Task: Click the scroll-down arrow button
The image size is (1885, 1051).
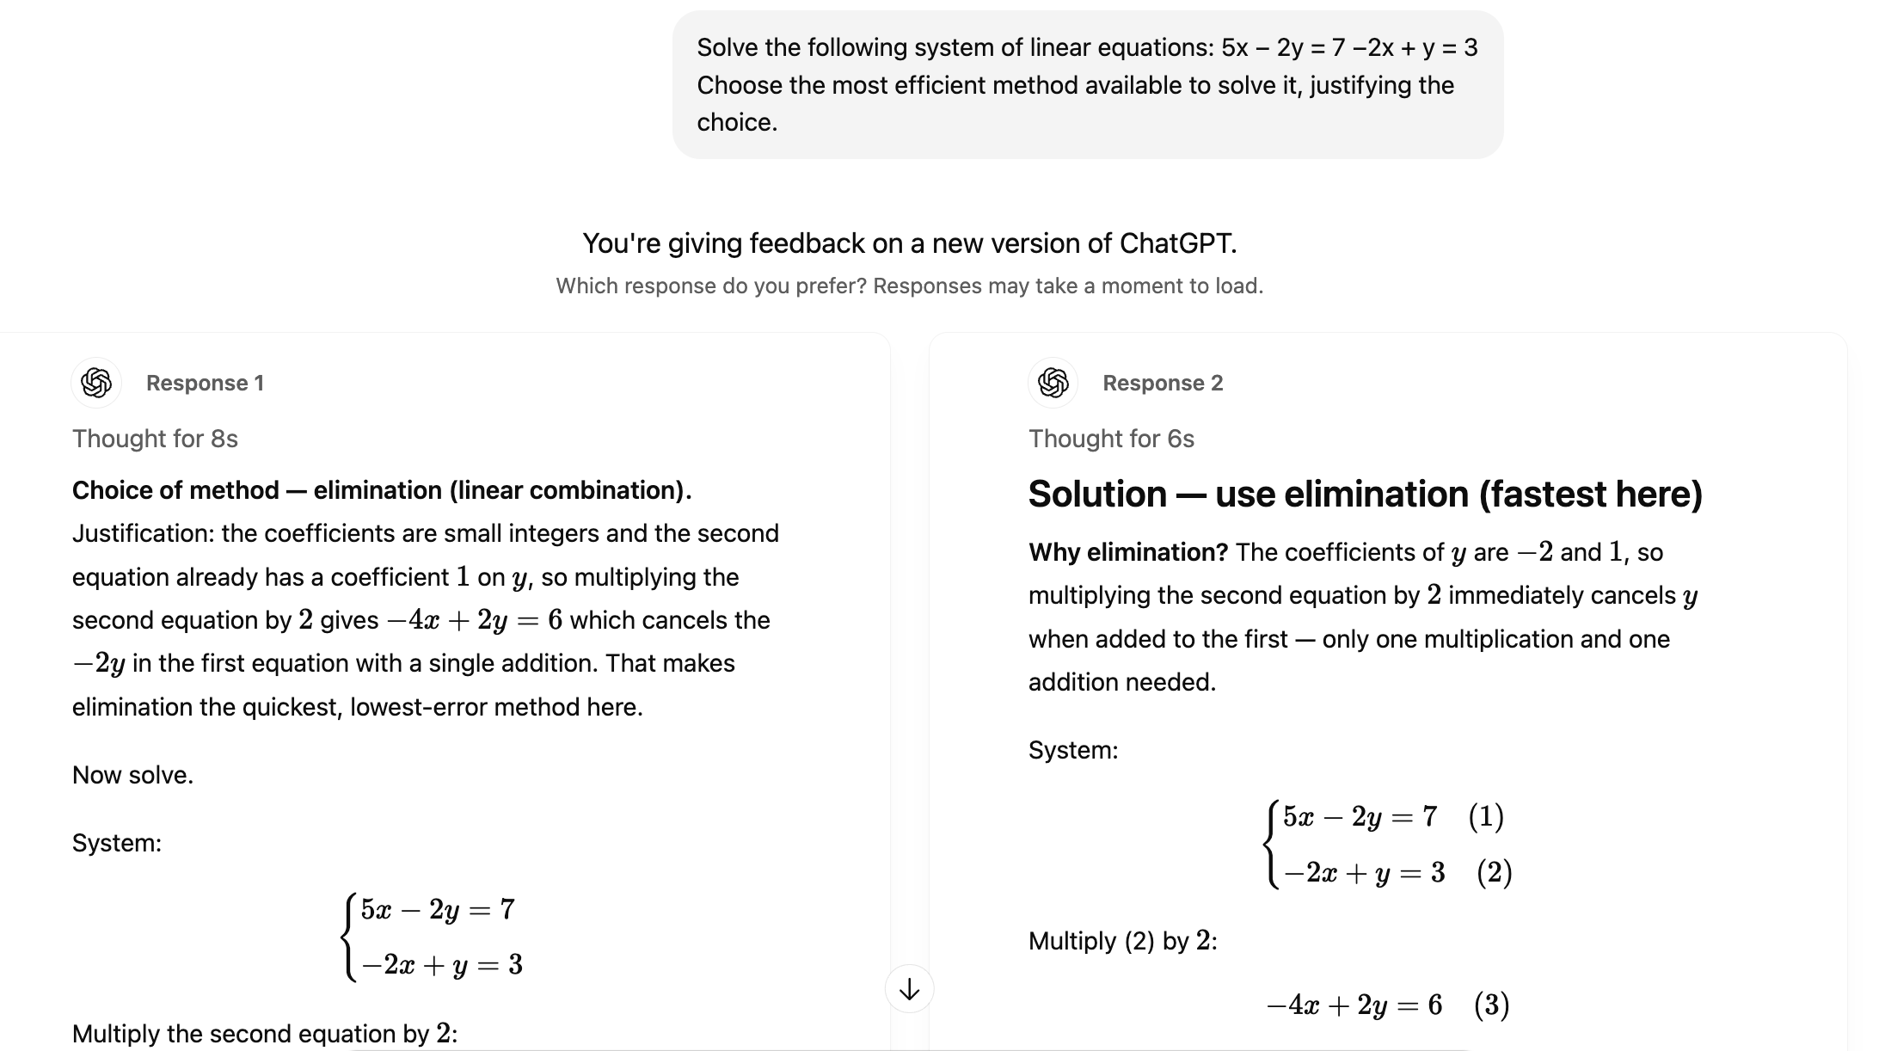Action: coord(909,990)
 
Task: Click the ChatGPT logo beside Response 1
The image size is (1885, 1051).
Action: coord(96,383)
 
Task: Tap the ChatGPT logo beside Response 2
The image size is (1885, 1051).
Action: coord(1053,383)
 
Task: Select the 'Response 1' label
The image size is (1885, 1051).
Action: coord(205,384)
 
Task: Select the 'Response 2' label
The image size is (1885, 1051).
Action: coord(1162,384)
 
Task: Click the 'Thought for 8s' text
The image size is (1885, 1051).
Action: coord(155,439)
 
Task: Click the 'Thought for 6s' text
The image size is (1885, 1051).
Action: coord(1111,439)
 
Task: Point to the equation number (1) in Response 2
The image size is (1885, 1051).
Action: coord(1485,816)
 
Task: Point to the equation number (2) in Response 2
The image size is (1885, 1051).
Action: coord(1494,872)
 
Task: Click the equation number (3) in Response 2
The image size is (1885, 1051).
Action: coord(1491,1005)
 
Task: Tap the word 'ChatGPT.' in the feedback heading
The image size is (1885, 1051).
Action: coord(1177,243)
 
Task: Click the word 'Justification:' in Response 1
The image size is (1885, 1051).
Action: coord(143,533)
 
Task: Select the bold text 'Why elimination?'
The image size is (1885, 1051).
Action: coord(1128,552)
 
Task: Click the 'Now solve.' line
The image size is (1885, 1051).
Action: coord(132,775)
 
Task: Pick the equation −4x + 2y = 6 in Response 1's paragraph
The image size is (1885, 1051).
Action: coord(476,620)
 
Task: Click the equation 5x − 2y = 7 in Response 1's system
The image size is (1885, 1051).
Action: coord(438,909)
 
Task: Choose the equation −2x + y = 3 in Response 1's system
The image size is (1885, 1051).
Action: coord(442,965)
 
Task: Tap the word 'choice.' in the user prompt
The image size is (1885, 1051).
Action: coord(737,123)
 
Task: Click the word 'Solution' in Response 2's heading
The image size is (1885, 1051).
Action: coord(1097,495)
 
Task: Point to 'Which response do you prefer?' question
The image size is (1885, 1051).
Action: coord(710,286)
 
